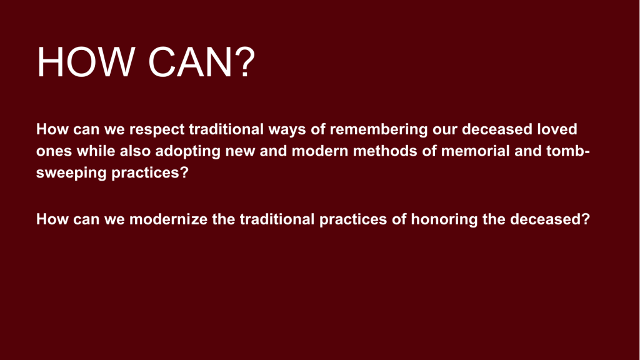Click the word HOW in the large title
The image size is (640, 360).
(86, 62)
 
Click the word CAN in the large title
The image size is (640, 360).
(190, 62)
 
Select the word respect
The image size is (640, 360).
(157, 130)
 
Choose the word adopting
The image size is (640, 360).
(187, 152)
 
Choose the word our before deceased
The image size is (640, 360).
(445, 131)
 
